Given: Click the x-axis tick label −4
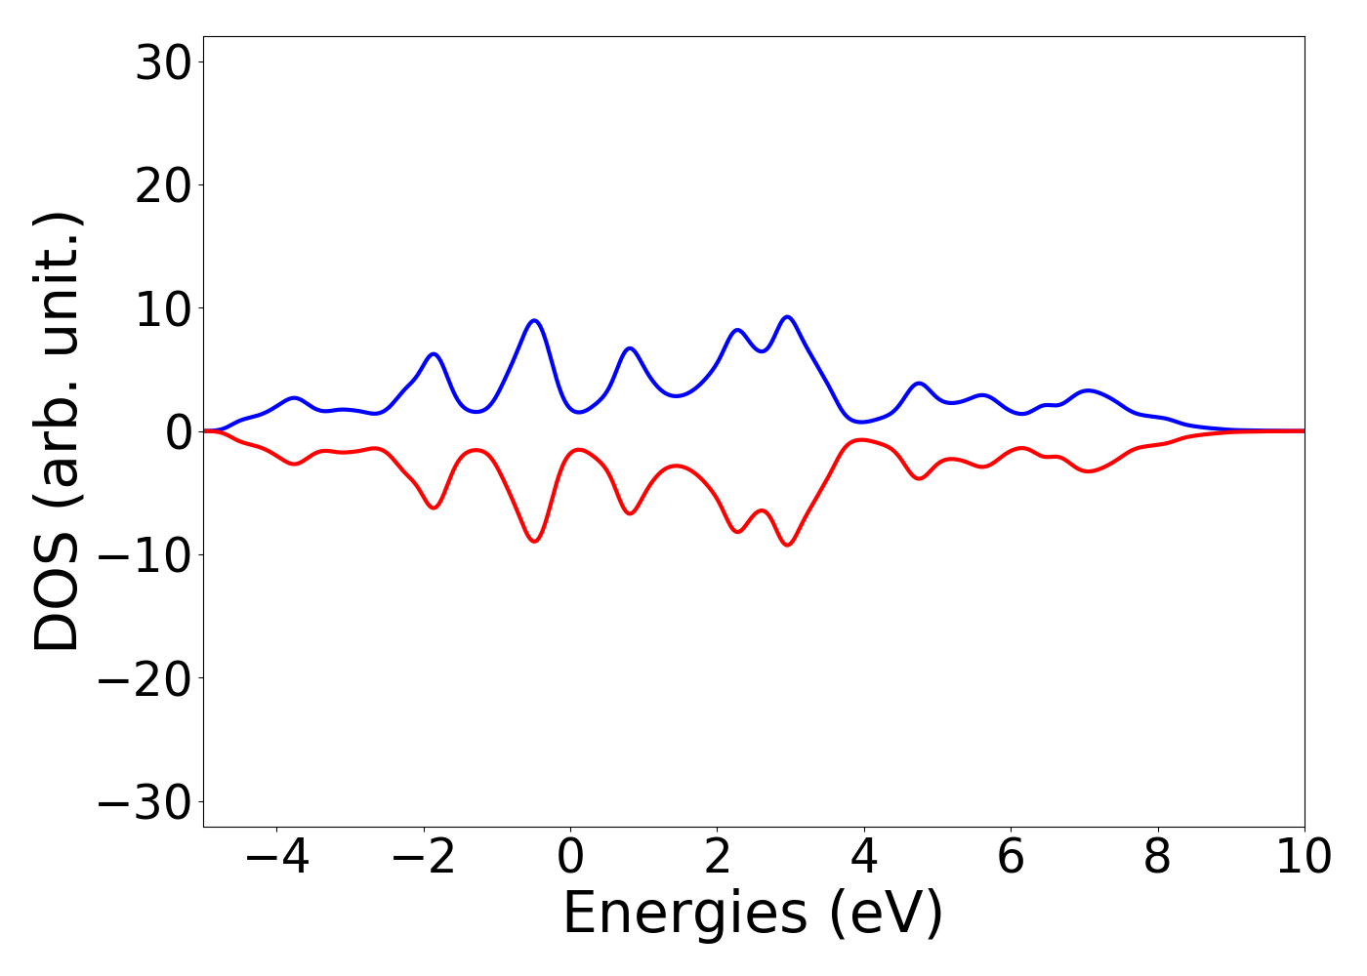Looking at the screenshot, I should pyautogui.click(x=277, y=857).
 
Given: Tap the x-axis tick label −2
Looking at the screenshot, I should pyautogui.click(x=424, y=857).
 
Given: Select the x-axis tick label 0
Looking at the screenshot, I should pyautogui.click(x=570, y=857).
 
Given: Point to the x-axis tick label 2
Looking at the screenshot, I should pyautogui.click(x=718, y=857).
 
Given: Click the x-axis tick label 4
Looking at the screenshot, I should pyautogui.click(x=864, y=857).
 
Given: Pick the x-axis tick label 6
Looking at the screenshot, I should pyautogui.click(x=1011, y=857).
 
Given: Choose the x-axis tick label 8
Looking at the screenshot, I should pyautogui.click(x=1157, y=857).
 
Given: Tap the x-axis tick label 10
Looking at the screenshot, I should pyautogui.click(x=1305, y=857).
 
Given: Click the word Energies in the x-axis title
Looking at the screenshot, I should pyautogui.click(x=684, y=915).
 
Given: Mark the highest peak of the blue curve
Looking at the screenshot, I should pyautogui.click(x=787, y=317).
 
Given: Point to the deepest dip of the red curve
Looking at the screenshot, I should pyautogui.click(x=787, y=545).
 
